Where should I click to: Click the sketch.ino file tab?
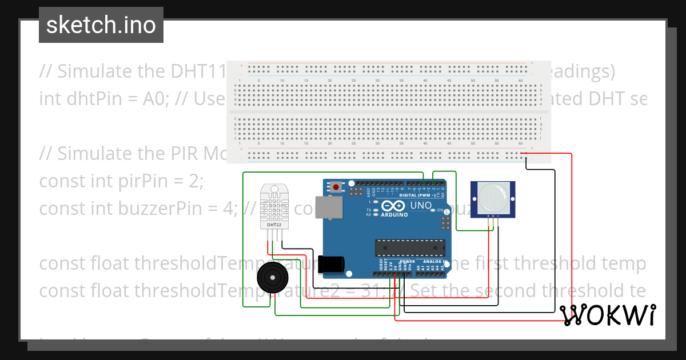coord(101,25)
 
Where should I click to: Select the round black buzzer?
coord(272,278)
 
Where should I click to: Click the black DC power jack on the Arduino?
coord(332,263)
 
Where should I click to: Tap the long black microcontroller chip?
coord(410,247)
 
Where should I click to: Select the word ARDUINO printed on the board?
coord(394,215)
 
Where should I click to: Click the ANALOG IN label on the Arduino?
coord(429,261)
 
